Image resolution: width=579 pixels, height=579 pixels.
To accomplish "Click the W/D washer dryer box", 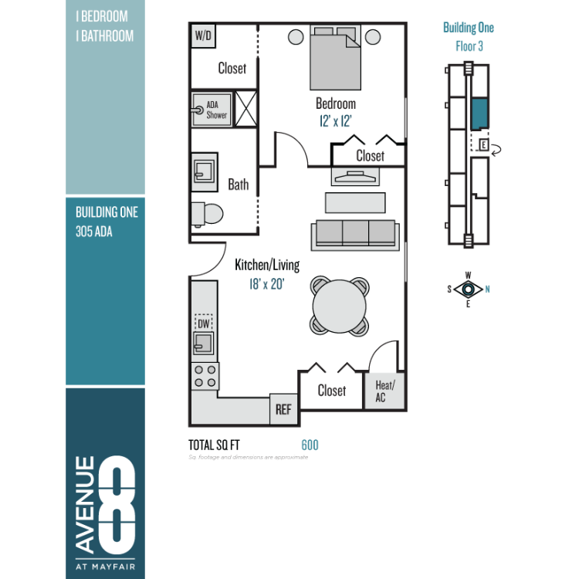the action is coord(203,36).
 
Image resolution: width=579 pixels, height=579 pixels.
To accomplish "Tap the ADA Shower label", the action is coord(216,110).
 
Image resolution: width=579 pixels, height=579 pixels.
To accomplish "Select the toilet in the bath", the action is coord(207,214).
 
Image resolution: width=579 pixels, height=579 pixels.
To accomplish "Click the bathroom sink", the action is coord(205,172).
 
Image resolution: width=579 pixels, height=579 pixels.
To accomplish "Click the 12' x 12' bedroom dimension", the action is coord(335,121).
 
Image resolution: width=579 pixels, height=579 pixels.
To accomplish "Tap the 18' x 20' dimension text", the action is coord(266,284).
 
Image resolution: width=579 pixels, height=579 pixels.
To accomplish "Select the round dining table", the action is coord(340,306).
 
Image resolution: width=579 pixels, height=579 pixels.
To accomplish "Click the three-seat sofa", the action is coord(355,235).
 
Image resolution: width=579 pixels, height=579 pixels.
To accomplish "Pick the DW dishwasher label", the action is coord(204,323).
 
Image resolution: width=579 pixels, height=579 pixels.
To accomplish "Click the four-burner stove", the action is coord(205,376).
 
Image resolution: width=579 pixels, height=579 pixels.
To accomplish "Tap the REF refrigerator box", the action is coord(283,409).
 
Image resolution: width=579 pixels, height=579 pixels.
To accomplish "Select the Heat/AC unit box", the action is coord(384,391).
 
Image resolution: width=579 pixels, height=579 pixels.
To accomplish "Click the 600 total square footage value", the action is coord(310,445).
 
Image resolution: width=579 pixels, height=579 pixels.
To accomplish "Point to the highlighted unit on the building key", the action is coord(480,113).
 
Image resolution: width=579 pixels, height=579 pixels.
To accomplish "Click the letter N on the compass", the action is coord(487,289).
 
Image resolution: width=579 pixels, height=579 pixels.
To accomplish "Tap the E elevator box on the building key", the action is coord(483,145).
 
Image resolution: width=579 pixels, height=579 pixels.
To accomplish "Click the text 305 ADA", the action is coord(93,232).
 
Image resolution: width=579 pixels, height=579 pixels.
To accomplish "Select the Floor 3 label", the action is coord(469,46).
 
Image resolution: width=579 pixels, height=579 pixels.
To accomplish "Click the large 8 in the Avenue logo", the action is coord(117,504).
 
